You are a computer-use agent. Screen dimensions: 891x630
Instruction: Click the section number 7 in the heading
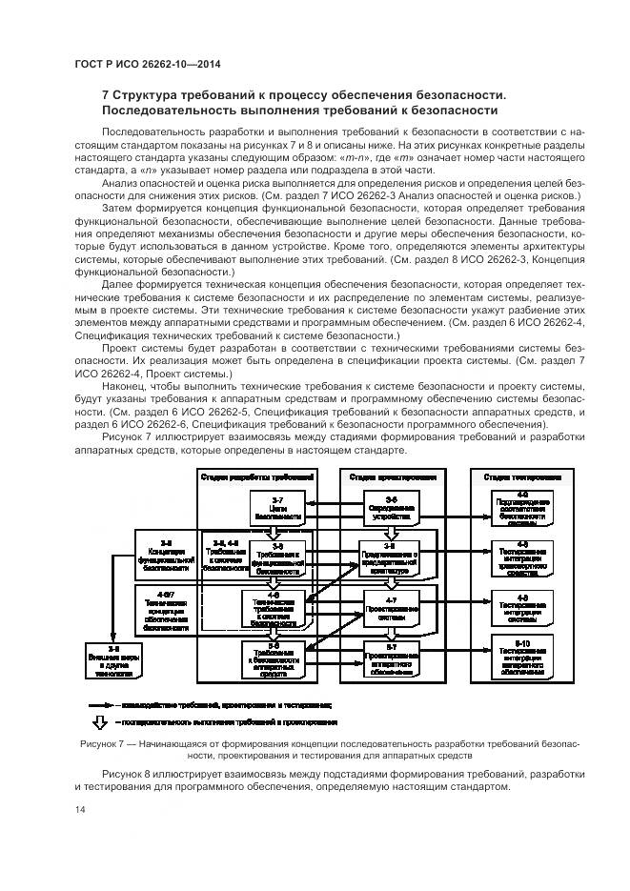point(106,95)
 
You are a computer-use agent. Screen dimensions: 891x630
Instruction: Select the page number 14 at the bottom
point(80,809)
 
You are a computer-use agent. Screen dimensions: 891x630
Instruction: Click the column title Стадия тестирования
point(521,476)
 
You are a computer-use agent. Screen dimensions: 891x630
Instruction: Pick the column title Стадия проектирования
point(392,476)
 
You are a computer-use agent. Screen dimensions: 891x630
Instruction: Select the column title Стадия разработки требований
point(256,476)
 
